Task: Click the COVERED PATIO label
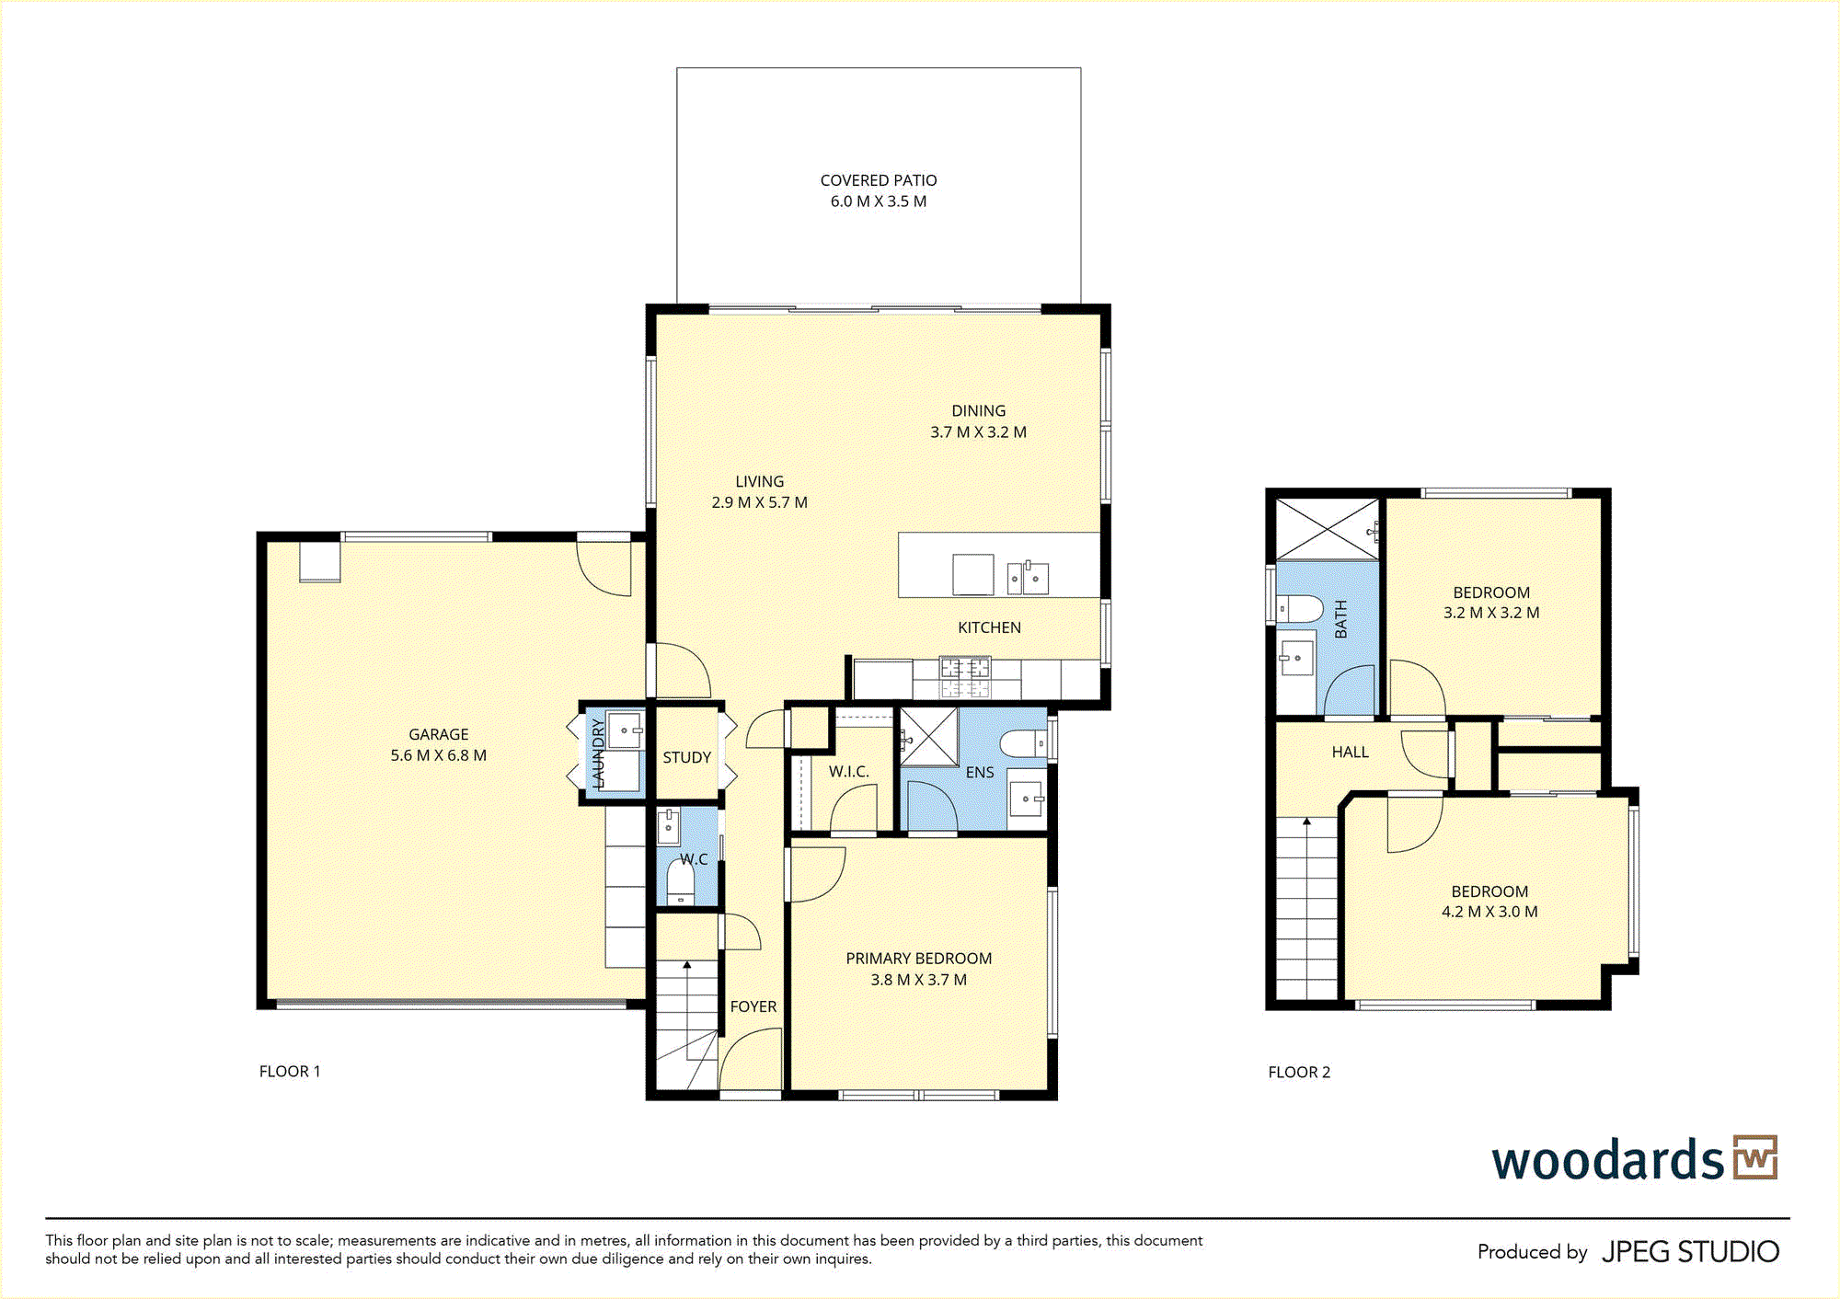pyautogui.click(x=879, y=180)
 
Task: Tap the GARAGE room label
pyautogui.click(x=439, y=734)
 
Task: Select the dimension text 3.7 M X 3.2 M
pyautogui.click(x=978, y=431)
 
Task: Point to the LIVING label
pyautogui.click(x=760, y=481)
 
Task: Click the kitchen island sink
pyautogui.click(x=1029, y=578)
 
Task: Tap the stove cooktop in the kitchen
pyautogui.click(x=965, y=676)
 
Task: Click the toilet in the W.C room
pyautogui.click(x=680, y=883)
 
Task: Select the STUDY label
pyautogui.click(x=687, y=757)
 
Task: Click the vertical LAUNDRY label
pyautogui.click(x=598, y=753)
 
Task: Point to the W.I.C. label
pyautogui.click(x=848, y=771)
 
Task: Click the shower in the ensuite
pyautogui.click(x=929, y=737)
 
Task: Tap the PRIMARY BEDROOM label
pyautogui.click(x=919, y=958)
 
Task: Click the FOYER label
pyautogui.click(x=753, y=1006)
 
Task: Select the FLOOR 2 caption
pyautogui.click(x=1299, y=1072)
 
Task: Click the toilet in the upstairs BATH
pyautogui.click(x=1300, y=608)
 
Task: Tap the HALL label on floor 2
pyautogui.click(x=1351, y=752)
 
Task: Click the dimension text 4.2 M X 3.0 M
pyautogui.click(x=1489, y=912)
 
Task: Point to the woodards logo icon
pyautogui.click(x=1755, y=1157)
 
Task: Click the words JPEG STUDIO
pyautogui.click(x=1691, y=1252)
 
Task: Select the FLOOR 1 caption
pyautogui.click(x=290, y=1071)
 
